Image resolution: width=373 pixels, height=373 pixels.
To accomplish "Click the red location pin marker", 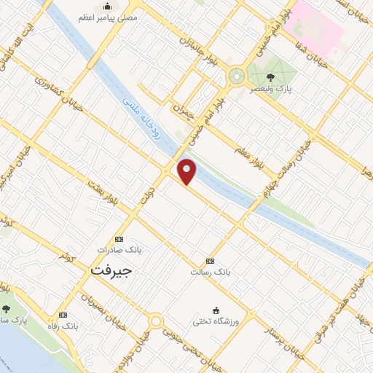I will coord(187,170).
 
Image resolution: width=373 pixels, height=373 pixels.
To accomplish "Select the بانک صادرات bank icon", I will coord(119,239).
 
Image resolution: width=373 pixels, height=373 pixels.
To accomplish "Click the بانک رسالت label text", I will coord(211,272).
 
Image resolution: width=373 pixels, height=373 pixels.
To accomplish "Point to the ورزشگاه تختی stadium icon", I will coord(216,310).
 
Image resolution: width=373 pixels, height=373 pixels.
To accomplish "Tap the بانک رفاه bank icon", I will coord(63,315).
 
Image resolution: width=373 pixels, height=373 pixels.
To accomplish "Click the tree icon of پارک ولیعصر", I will coord(271,76).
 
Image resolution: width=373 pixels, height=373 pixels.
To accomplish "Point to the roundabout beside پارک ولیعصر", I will coord(236,76).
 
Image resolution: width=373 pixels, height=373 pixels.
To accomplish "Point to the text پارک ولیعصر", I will coord(263,88).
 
